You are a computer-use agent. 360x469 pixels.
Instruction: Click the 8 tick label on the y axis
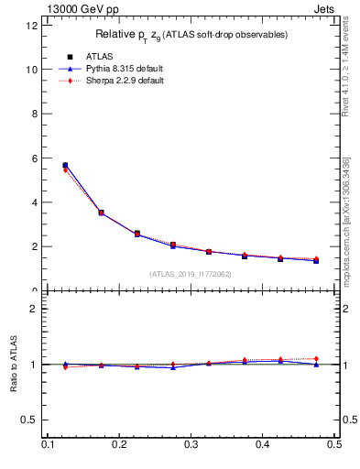tap(35, 114)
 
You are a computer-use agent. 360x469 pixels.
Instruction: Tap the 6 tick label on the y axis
tap(35, 158)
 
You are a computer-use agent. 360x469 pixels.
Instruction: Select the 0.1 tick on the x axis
tap(49, 444)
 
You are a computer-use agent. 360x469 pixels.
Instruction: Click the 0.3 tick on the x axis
tap(191, 444)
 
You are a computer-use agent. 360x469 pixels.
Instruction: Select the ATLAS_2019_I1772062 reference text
tap(191, 274)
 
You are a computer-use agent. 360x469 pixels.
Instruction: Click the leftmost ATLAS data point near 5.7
tap(65, 166)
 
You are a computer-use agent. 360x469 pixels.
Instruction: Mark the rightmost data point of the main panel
tap(316, 261)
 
